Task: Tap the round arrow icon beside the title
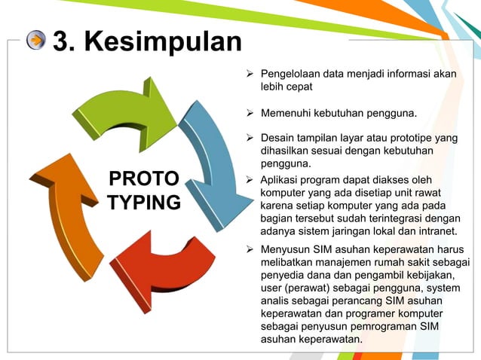[x=36, y=41]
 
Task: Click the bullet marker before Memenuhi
[x=251, y=114]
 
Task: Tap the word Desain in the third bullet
[x=277, y=139]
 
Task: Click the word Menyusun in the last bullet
[x=285, y=250]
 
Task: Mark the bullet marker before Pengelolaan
[x=251, y=74]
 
